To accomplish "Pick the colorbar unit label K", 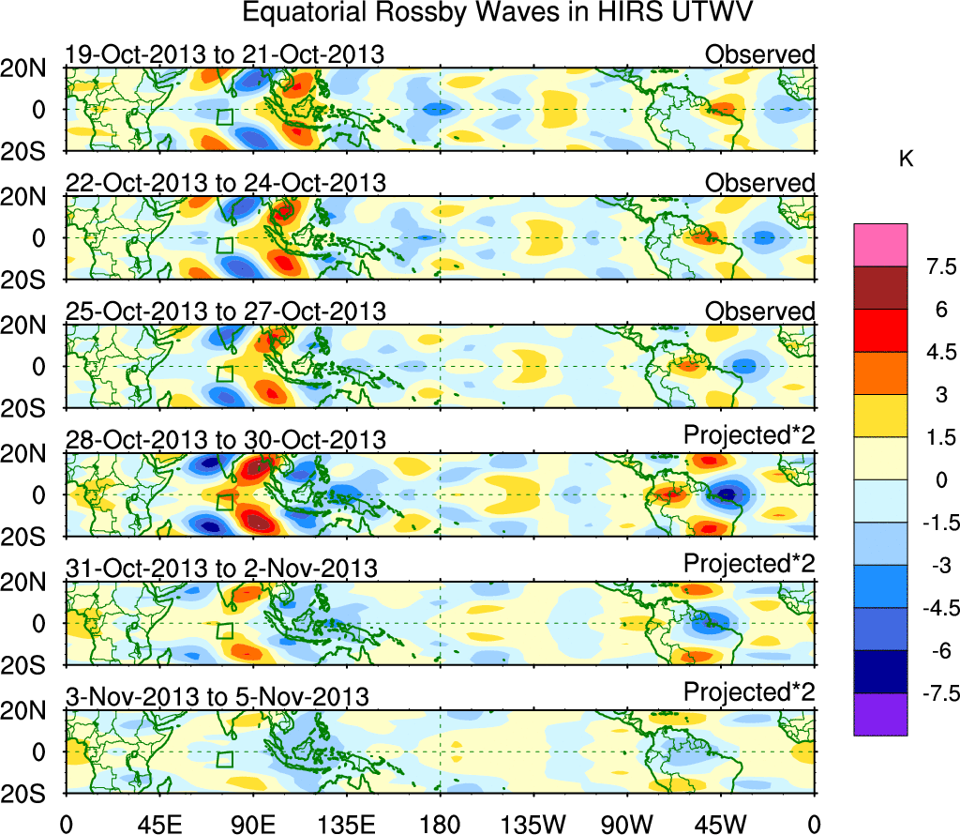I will pos(906,160).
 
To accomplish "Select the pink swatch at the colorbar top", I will pos(880,245).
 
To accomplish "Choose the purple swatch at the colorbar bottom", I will pos(880,715).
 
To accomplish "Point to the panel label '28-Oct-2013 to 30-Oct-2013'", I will pos(224,439).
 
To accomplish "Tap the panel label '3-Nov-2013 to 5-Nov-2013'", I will pos(217,696).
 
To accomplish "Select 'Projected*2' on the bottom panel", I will pos(749,692).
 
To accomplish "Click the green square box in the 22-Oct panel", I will pos(224,246).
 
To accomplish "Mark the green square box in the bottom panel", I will pos(224,759).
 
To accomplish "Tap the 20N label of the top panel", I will pos(30,68).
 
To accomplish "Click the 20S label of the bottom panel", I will pos(30,793).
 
